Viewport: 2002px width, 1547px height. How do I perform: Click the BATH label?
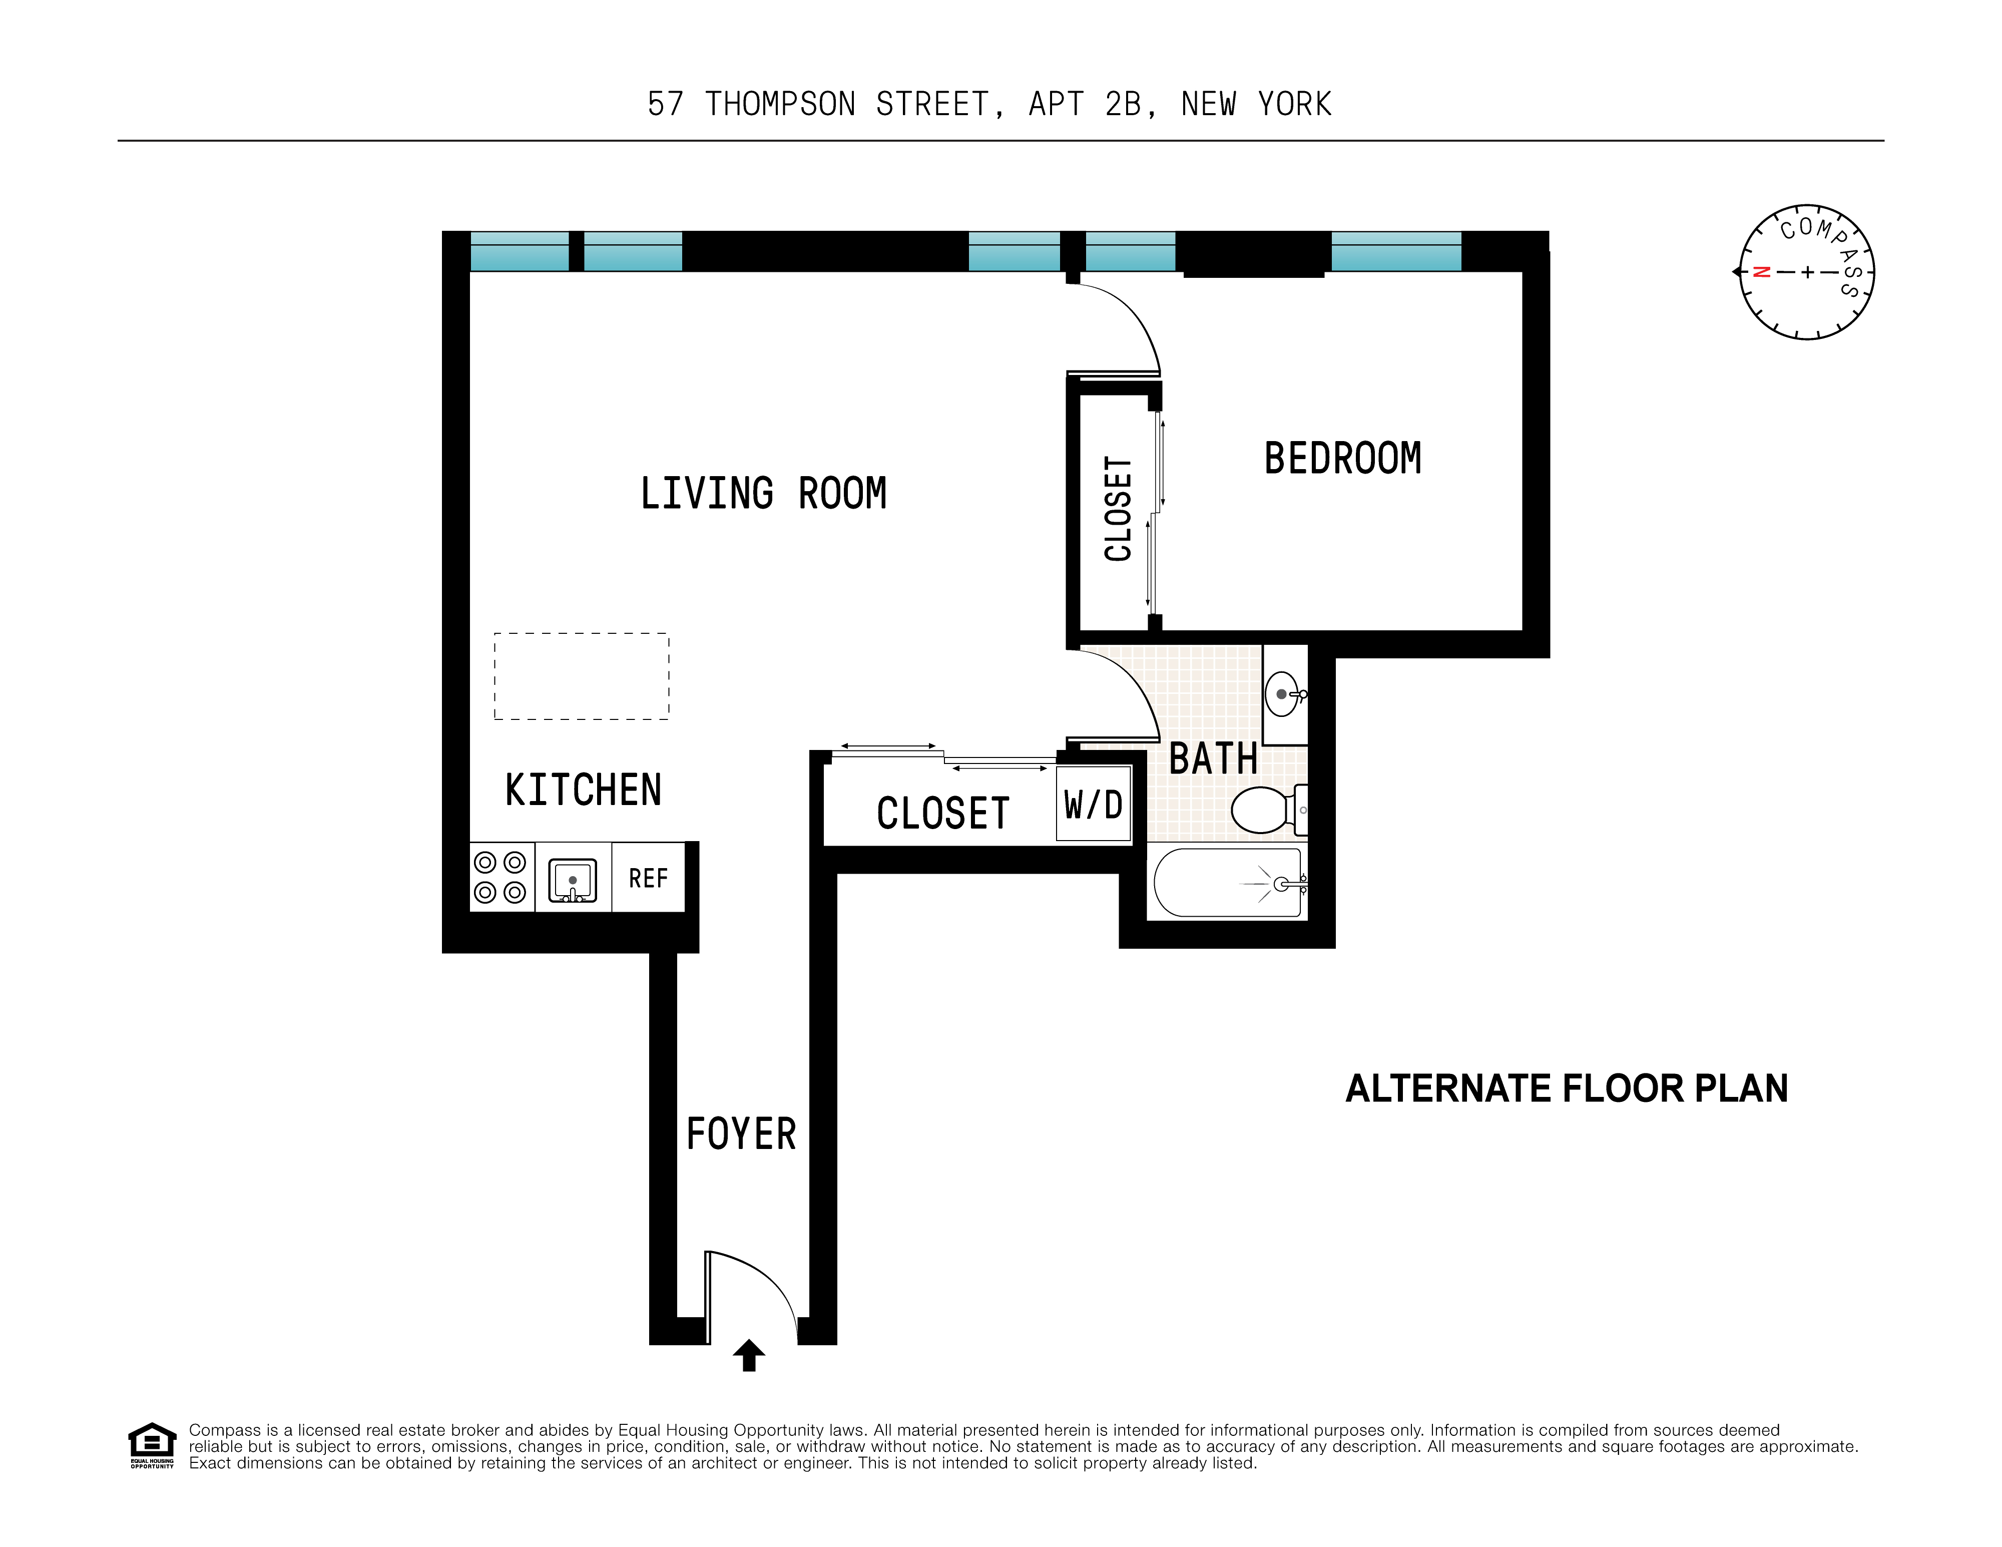click(1213, 759)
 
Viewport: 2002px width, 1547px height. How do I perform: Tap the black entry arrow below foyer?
click(749, 1354)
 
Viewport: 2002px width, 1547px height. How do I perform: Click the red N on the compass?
click(1761, 272)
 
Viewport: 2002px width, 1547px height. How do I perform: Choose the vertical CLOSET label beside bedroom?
click(1118, 509)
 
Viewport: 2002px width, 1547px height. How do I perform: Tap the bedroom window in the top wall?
click(1395, 251)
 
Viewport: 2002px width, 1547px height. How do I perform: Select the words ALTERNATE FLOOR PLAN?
click(1567, 1088)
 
